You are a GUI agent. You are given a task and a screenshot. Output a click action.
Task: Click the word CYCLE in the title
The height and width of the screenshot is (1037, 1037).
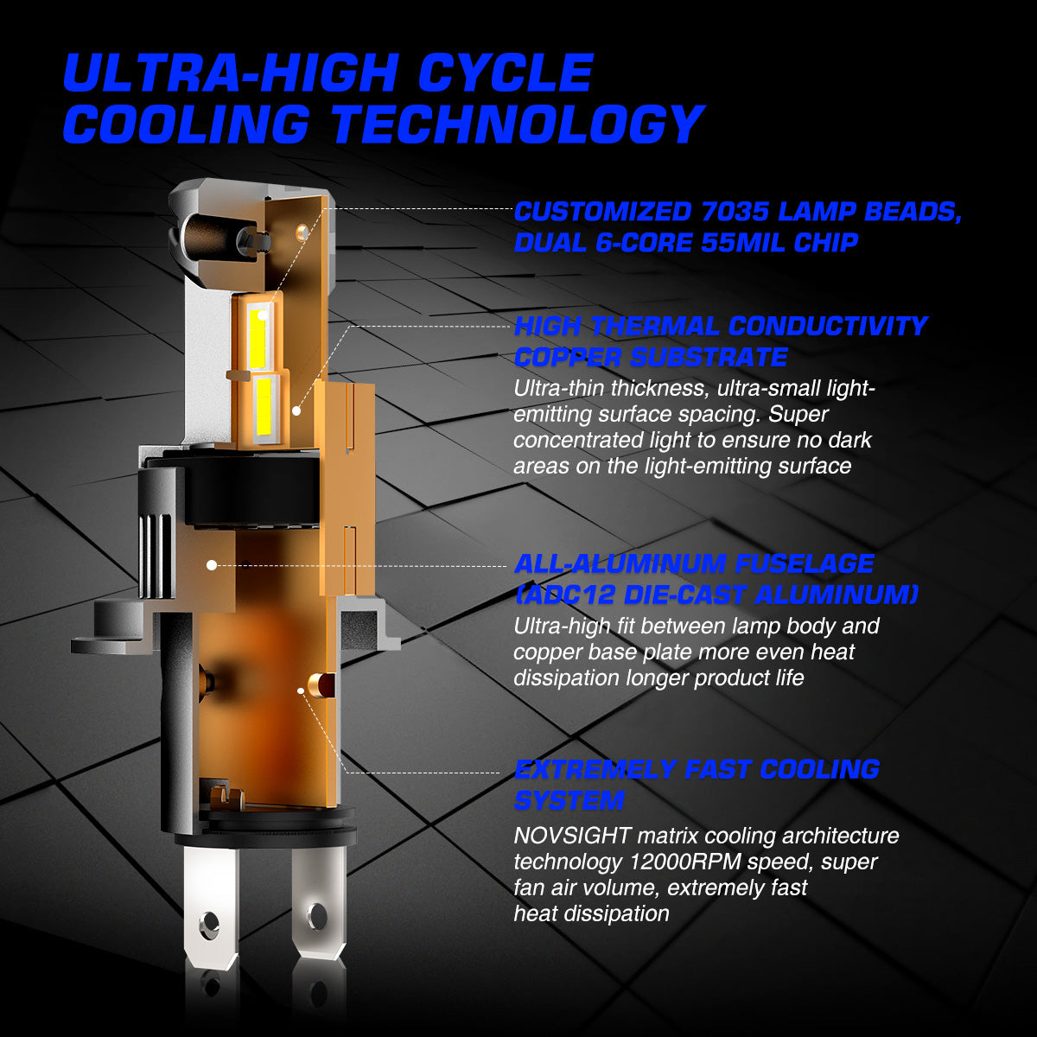(506, 73)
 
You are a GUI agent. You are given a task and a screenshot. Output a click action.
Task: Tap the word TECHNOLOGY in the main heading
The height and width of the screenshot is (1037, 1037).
(518, 124)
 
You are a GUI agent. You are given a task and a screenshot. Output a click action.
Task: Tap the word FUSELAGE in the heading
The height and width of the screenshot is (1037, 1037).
(805, 564)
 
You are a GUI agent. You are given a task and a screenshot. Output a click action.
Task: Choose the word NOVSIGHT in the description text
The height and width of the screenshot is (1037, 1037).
(572, 836)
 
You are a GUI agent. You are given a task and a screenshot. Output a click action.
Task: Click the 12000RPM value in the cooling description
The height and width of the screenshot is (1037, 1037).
(685, 862)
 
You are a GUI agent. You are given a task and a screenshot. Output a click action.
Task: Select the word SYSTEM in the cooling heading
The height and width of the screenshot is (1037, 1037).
(569, 800)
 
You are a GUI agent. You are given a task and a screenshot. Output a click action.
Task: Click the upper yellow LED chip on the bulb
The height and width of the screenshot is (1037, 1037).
(258, 336)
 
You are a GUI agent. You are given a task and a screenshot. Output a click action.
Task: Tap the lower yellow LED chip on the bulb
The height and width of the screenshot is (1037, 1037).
(264, 406)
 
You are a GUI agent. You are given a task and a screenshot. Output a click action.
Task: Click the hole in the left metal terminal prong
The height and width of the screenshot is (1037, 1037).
(209, 925)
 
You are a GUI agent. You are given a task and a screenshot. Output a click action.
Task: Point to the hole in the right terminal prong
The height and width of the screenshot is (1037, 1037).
(316, 915)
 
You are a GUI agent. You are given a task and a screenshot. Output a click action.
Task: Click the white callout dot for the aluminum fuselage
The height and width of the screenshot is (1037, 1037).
(212, 565)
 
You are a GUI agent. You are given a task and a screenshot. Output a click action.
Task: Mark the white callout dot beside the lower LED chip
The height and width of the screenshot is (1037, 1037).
(296, 410)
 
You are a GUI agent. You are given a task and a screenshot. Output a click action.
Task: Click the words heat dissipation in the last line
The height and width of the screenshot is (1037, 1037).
(591, 913)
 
